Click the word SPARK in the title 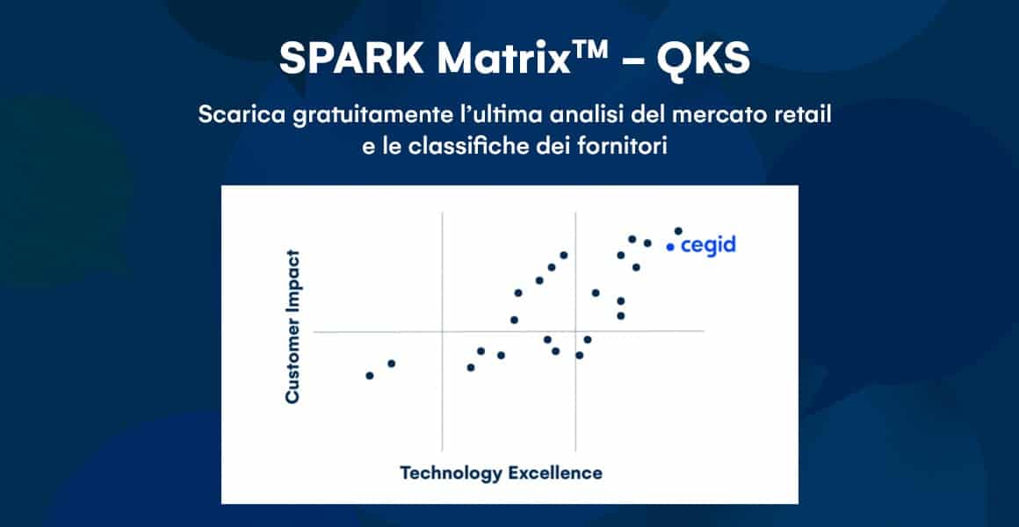351,60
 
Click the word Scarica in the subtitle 241,116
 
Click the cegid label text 708,246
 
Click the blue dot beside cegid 670,247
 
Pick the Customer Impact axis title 293,326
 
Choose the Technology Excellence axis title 501,473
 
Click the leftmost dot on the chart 370,376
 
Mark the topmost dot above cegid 678,231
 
